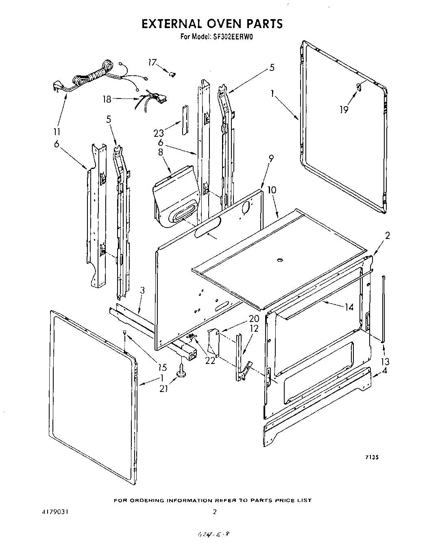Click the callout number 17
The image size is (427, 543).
152,62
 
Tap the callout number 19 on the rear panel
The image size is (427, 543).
344,109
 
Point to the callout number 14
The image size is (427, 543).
349,307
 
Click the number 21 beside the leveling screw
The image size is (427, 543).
163,388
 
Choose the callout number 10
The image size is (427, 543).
272,190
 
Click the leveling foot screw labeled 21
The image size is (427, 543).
181,371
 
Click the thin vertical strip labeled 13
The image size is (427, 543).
383,309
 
